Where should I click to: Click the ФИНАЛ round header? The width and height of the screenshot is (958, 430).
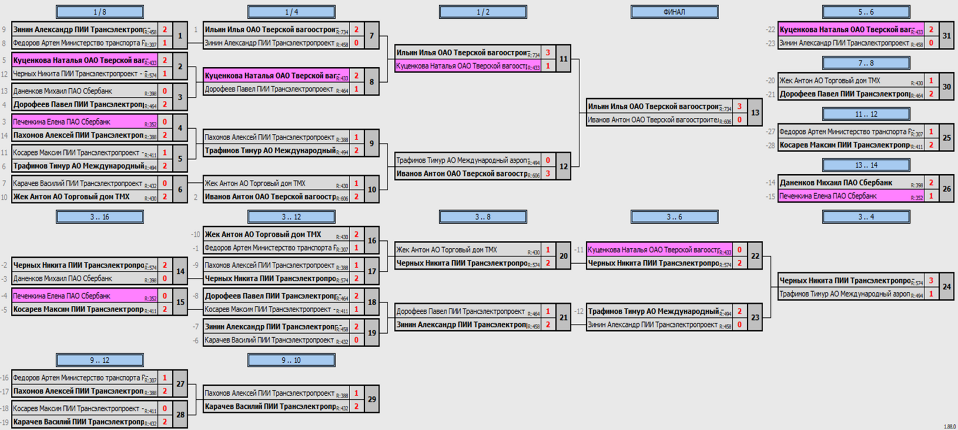coord(674,12)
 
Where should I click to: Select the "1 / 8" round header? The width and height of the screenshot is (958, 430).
coord(100,12)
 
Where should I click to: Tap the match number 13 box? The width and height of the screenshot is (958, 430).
coord(755,113)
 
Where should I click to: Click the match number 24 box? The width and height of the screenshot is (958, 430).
coord(947,287)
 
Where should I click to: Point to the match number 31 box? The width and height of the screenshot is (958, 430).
coord(947,36)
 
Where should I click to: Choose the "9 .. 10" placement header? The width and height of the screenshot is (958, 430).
coord(291,360)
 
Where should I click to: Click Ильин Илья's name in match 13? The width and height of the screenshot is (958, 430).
coord(653,107)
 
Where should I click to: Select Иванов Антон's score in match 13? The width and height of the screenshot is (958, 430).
coord(740,120)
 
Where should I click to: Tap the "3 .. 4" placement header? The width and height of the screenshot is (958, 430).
coord(866,217)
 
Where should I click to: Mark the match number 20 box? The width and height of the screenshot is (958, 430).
coord(563,256)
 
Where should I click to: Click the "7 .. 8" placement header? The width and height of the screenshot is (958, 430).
coord(866,63)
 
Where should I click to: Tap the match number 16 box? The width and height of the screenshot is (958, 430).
coord(372,241)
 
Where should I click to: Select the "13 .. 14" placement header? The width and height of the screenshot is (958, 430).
coord(866,165)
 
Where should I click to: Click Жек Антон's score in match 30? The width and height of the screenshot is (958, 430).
coord(931,81)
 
